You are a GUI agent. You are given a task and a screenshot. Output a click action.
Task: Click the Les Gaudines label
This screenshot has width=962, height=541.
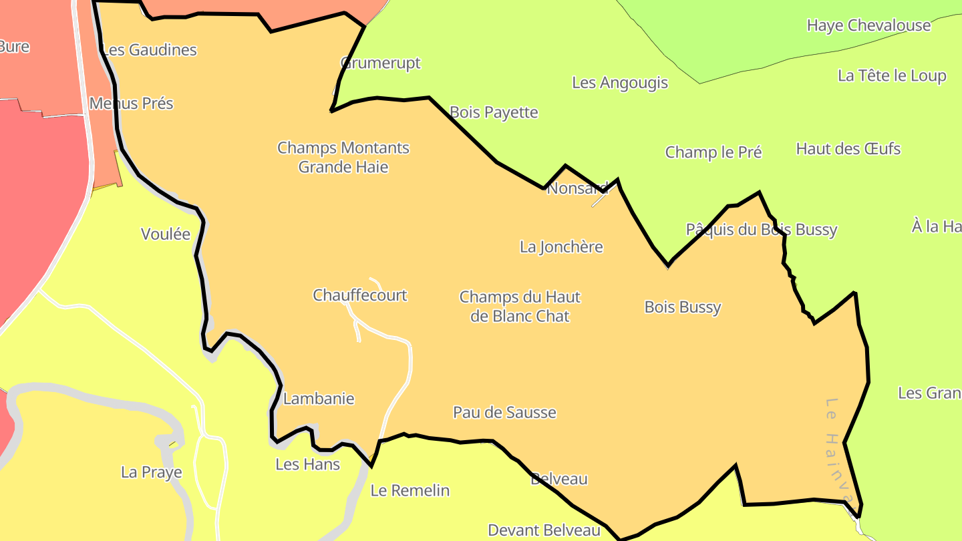click(x=150, y=50)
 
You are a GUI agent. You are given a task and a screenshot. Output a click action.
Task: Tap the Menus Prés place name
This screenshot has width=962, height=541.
click(x=132, y=104)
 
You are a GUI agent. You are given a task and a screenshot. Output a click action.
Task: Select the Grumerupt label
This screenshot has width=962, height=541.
click(x=381, y=63)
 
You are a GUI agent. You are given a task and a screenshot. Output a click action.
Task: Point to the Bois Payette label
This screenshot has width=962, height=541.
click(x=494, y=112)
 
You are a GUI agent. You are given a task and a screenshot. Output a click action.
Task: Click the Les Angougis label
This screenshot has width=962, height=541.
click(x=620, y=83)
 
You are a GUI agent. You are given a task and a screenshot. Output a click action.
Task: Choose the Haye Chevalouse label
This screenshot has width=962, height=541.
click(x=868, y=25)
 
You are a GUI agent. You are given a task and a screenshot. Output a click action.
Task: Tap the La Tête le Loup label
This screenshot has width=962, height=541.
click(x=892, y=75)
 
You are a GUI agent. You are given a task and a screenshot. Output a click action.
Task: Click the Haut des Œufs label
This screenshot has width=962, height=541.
click(x=848, y=148)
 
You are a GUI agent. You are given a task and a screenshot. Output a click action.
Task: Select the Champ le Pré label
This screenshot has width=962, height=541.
click(x=713, y=152)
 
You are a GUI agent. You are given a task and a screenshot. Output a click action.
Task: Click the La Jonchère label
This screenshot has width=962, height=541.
click(x=561, y=247)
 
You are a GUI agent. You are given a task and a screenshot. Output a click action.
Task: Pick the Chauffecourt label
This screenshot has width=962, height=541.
click(x=360, y=295)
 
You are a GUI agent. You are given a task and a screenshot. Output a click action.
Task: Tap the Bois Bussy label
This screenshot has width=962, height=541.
click(x=682, y=307)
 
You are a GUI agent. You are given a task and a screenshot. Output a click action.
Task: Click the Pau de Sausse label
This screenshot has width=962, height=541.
click(x=504, y=413)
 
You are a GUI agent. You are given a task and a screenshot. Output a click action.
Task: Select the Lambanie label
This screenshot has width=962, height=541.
click(x=319, y=399)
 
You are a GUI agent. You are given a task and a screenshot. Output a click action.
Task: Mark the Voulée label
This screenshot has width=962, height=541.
click(x=166, y=234)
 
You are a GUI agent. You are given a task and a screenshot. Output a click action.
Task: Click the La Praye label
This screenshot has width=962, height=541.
click(x=152, y=473)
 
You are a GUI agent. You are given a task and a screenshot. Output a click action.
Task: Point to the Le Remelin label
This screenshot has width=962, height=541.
click(x=410, y=491)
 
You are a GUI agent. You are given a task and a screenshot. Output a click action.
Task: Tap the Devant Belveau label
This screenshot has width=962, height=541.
click(x=544, y=530)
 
